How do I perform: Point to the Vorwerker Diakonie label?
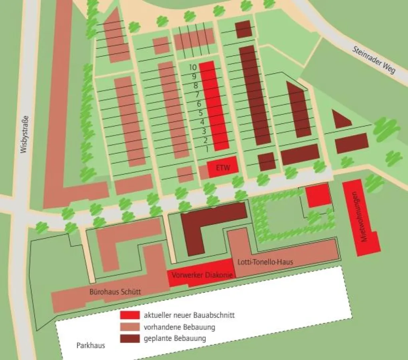pyautogui.click(x=200, y=275)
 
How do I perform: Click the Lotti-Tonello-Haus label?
pyautogui.click(x=265, y=262)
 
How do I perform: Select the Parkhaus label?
pyautogui.click(x=90, y=345)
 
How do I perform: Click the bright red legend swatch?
pyautogui.click(x=130, y=315)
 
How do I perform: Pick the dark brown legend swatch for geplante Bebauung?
pyautogui.click(x=130, y=339)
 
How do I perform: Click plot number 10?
pyautogui.click(x=193, y=67)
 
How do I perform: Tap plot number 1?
pyautogui.click(x=207, y=149)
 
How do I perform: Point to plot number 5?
pyautogui.click(x=201, y=113)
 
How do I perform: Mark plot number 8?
pyautogui.click(x=196, y=86)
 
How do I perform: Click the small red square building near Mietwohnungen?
pyautogui.click(x=318, y=196)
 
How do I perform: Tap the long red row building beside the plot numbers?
pyautogui.click(x=214, y=106)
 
